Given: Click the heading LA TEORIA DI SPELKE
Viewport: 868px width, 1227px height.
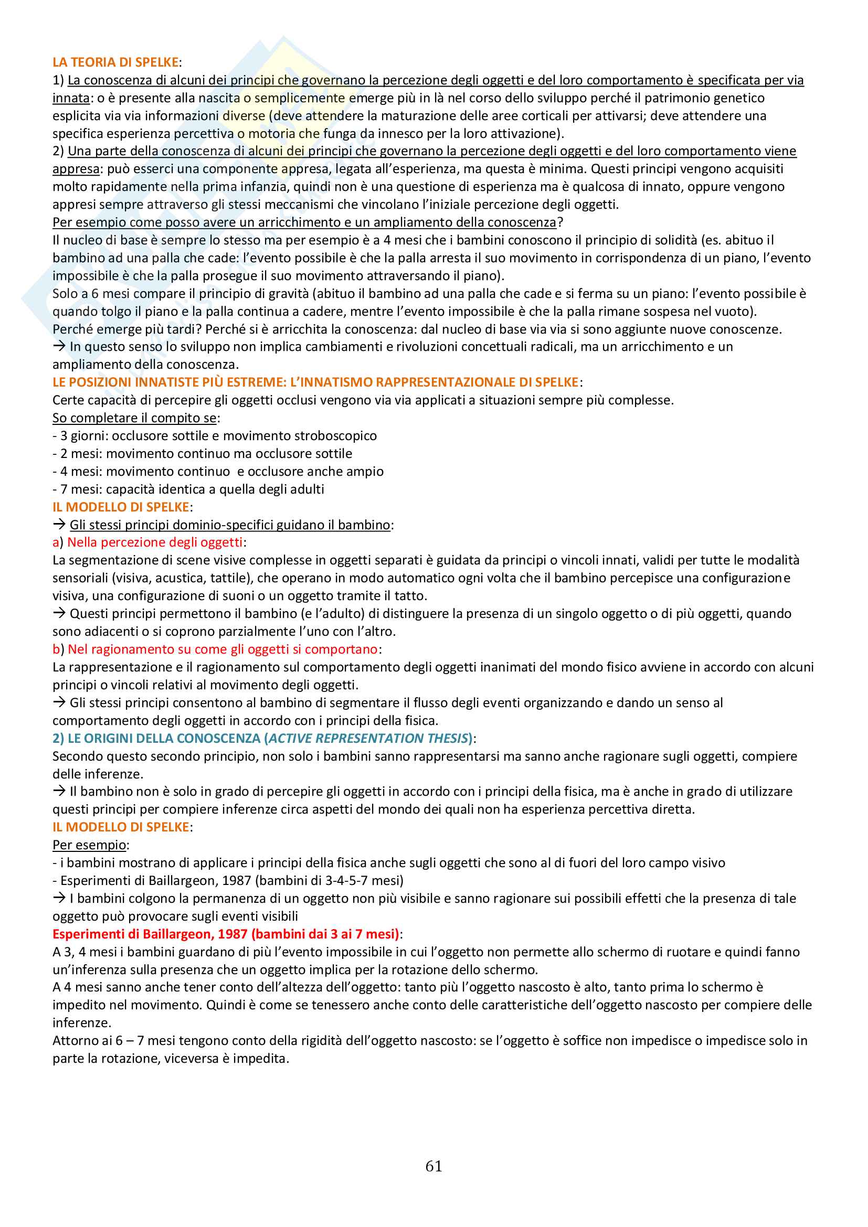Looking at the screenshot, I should click(x=115, y=62).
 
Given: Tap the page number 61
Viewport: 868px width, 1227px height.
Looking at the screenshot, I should click(x=433, y=1166).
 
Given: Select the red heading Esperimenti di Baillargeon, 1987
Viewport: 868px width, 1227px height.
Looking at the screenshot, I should click(x=226, y=934).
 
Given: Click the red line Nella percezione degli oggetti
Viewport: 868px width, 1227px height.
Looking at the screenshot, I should click(x=154, y=542).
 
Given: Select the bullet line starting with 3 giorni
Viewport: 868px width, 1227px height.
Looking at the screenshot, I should click(x=215, y=435).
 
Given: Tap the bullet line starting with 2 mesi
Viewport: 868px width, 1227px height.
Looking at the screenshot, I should click(x=203, y=454).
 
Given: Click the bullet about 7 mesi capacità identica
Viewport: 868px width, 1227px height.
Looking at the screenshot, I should click(x=189, y=489).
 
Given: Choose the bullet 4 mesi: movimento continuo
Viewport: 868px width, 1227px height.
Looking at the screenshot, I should click(x=218, y=472).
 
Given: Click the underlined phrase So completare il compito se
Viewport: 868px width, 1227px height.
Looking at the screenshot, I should click(x=135, y=418).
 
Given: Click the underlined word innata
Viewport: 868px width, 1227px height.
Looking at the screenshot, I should click(x=70, y=98).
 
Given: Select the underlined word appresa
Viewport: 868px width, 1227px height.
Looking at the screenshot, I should click(x=76, y=169).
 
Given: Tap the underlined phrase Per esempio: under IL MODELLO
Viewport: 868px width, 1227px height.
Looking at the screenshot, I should click(x=89, y=845).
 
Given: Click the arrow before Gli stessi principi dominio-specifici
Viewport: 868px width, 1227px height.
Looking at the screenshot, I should click(x=59, y=524).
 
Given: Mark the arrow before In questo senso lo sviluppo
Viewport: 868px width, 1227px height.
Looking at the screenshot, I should click(x=59, y=346).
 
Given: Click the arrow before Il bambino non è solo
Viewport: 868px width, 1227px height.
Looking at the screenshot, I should click(x=59, y=791).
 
